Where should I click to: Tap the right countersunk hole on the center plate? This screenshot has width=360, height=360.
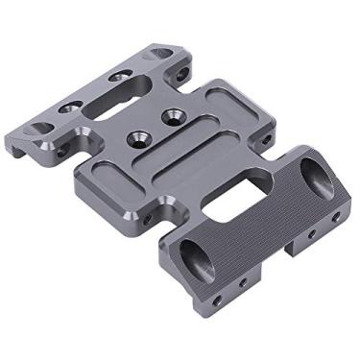(173, 116)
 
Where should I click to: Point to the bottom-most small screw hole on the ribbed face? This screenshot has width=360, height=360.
(217, 300)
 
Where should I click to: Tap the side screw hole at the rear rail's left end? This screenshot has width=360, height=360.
(61, 152)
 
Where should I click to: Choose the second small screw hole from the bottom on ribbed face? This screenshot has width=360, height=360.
(242, 284)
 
